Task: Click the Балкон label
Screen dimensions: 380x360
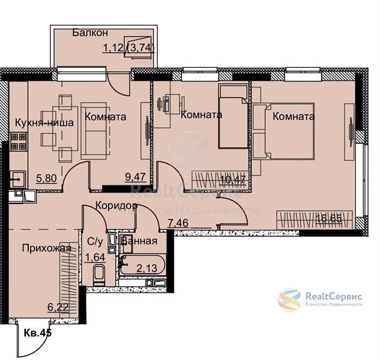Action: (x=90, y=33)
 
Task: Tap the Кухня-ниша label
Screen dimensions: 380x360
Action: (x=44, y=122)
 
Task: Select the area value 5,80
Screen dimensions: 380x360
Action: (x=47, y=179)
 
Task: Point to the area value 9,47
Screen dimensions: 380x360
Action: (x=136, y=177)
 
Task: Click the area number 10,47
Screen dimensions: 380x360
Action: (x=233, y=180)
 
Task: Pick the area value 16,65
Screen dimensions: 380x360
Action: (x=328, y=218)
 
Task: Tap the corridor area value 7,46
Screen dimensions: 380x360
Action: (x=178, y=223)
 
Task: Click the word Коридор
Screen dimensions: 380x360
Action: (x=116, y=206)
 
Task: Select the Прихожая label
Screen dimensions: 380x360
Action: (x=47, y=248)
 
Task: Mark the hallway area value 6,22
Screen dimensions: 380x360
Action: (x=58, y=308)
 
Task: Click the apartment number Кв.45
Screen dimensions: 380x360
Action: (x=38, y=333)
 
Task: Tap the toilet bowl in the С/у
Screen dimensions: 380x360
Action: (x=99, y=275)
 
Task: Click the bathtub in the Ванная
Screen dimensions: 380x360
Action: (x=142, y=265)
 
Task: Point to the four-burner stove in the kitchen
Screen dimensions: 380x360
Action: (x=19, y=141)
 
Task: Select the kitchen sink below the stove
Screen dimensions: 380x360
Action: (x=17, y=179)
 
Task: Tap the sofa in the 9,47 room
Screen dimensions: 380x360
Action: (x=94, y=131)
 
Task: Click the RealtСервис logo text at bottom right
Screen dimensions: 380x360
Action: (x=334, y=296)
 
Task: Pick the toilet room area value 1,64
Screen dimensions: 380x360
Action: (x=95, y=257)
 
